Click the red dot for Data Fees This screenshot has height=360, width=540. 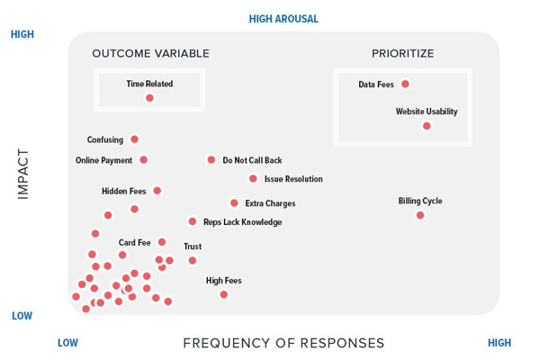405,84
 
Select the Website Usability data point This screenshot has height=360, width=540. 427,126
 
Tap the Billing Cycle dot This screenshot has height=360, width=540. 419,215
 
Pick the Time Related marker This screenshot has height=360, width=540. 149,98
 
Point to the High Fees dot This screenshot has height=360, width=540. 223,294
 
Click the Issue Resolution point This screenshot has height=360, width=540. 253,178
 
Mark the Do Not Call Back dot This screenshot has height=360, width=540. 211,159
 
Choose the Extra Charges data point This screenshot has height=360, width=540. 234,203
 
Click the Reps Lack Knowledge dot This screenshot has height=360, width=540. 193,221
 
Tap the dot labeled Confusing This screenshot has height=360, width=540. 134,139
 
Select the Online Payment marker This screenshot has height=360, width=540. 143,160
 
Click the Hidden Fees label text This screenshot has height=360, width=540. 124,192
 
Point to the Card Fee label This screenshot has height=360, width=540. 135,243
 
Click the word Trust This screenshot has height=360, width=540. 193,247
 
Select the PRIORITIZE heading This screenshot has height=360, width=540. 403,54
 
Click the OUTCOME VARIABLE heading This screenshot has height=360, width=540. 150,54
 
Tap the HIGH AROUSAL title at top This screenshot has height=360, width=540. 283,19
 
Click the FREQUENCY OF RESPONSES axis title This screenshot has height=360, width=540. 283,343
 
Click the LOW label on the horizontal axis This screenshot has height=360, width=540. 67,343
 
